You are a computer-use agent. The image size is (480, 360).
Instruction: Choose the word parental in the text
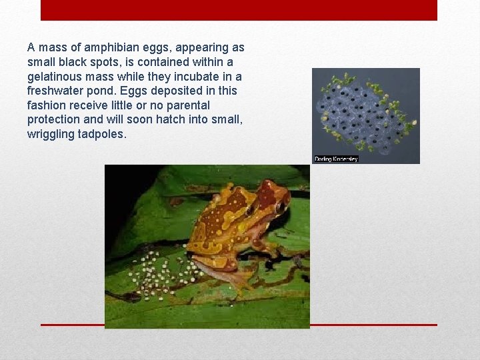pyautogui.click(x=189, y=105)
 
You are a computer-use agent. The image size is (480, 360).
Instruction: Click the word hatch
pyautogui.click(x=174, y=120)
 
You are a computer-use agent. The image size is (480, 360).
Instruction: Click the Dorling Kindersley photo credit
pyautogui.click(x=336, y=159)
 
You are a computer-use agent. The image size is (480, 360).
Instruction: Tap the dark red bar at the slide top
pyautogui.click(x=239, y=10)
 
